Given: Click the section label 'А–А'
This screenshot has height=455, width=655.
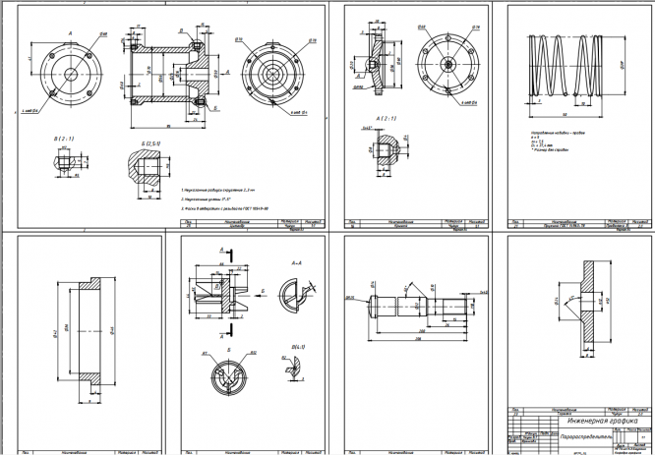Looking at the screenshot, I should click(x=298, y=263).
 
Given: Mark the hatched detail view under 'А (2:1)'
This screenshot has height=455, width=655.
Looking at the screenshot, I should click(x=387, y=146).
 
